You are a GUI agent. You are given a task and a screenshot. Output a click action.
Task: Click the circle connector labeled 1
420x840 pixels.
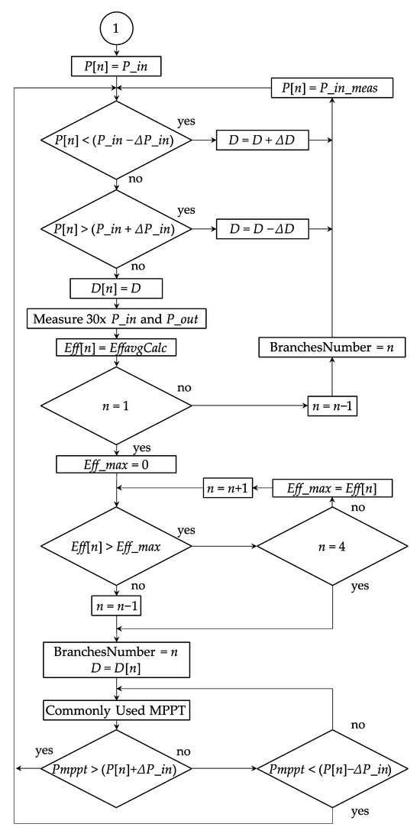[x=115, y=29]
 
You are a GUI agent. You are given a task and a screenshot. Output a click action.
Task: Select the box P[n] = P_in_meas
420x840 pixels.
[x=332, y=89]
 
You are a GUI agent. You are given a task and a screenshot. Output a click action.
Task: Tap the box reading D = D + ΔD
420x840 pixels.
[x=263, y=141]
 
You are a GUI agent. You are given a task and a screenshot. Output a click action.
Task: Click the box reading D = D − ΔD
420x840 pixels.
[x=263, y=228]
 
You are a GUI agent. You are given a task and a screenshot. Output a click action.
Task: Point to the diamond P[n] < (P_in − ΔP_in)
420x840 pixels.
[x=115, y=141]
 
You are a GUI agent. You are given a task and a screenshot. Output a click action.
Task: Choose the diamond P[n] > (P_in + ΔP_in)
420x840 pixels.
[x=115, y=228]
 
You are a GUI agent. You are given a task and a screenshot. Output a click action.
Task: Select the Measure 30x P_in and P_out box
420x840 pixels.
[x=115, y=318]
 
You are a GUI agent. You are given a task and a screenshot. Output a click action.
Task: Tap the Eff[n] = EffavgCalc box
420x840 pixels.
[x=115, y=347]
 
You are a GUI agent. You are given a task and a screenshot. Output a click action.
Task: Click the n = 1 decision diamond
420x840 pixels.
[x=115, y=405]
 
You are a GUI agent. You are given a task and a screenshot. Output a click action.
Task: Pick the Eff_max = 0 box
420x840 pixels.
[x=115, y=464]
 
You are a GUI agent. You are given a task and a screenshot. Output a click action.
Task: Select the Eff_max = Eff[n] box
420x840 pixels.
[x=332, y=487]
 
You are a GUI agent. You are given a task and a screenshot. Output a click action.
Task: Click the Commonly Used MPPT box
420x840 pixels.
[x=115, y=710]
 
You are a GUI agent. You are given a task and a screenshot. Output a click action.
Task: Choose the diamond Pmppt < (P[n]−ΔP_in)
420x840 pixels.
[x=332, y=770]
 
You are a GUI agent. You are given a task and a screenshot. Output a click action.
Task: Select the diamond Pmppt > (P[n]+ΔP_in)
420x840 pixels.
[x=115, y=770]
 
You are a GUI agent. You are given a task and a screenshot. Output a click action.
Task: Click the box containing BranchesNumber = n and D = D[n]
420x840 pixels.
[x=115, y=660]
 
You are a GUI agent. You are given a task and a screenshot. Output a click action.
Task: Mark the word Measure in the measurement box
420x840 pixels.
[x=57, y=318]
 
